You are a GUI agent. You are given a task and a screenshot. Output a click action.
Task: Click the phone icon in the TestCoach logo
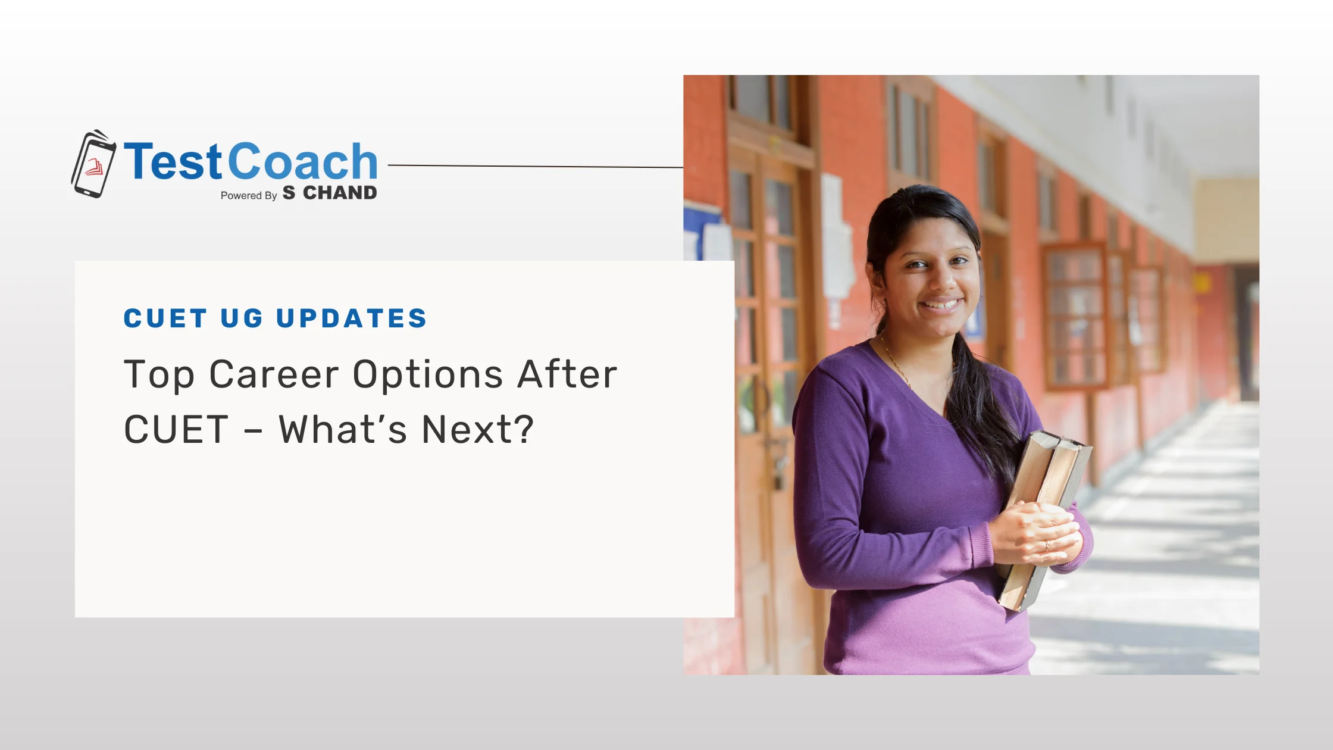click(x=93, y=164)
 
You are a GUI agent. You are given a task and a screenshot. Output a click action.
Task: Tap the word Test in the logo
click(x=173, y=161)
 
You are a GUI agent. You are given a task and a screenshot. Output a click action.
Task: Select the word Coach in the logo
click(x=302, y=161)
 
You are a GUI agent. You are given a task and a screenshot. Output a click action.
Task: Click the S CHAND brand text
click(x=330, y=193)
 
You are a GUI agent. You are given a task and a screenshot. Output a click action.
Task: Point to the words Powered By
click(x=249, y=196)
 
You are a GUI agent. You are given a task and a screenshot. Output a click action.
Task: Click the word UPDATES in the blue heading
click(x=352, y=318)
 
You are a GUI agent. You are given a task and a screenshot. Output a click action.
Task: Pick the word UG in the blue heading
click(x=242, y=318)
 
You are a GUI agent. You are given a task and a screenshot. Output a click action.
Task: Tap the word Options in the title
click(x=428, y=374)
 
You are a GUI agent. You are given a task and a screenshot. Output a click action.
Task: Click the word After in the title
click(x=567, y=374)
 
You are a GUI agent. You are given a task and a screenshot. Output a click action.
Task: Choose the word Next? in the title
click(x=478, y=429)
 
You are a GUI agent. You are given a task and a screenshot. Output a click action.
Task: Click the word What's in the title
click(x=343, y=429)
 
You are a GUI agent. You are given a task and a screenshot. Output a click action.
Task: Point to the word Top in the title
click(x=159, y=376)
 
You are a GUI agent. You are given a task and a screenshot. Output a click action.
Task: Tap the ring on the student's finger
click(x=1047, y=545)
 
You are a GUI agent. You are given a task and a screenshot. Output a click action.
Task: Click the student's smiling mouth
click(x=941, y=305)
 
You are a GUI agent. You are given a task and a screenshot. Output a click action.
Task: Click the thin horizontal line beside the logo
click(x=536, y=167)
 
